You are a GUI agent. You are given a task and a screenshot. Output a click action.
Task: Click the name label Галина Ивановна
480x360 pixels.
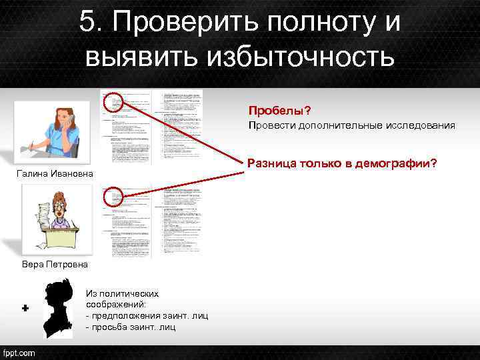point(55,175)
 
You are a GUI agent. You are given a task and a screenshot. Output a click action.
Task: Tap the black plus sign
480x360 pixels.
point(25,309)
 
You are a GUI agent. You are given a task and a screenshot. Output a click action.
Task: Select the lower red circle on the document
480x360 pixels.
point(115,195)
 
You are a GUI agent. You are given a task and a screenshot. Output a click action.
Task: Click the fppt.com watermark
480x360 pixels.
point(19,352)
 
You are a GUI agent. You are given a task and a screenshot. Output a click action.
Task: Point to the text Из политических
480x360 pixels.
point(122,293)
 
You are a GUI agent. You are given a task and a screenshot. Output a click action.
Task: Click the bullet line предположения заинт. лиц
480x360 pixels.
point(147,315)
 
